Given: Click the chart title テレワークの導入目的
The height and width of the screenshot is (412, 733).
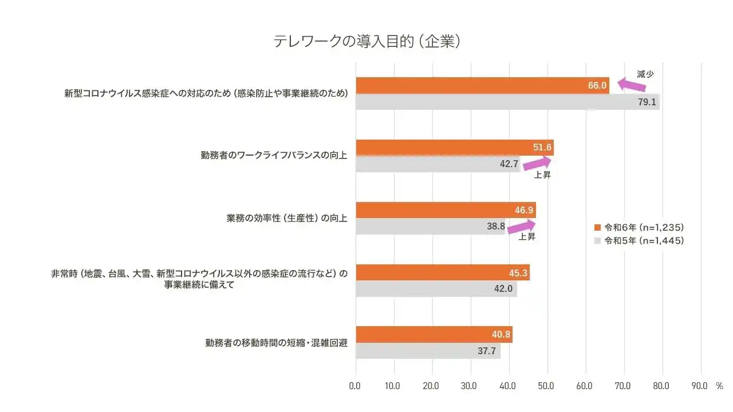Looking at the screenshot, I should coord(366,42).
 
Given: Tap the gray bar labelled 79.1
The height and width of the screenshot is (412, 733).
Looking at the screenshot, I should coord(507,102).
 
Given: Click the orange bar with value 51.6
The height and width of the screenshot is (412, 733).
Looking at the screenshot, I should coord(455,148).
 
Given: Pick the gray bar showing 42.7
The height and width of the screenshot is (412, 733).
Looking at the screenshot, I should coord(438,164).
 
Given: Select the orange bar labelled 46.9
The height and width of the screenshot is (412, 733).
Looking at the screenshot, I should coord(446,210).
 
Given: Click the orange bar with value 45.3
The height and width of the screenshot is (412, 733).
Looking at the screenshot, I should coord(443,272).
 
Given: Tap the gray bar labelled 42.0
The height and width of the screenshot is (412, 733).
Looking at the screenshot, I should coord(436,289).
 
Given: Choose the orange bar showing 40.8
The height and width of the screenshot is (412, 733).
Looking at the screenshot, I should coord(434,334).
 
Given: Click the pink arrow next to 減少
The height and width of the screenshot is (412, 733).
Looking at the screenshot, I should coord(628,85).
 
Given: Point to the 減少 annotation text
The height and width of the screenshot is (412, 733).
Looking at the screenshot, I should coord(645,74).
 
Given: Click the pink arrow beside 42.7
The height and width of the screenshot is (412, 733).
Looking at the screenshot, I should coord(537,164).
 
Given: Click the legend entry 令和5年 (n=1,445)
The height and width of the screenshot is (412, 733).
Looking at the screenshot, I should coord(640,241).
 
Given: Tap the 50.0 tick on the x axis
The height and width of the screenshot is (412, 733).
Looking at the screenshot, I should coord(546,386).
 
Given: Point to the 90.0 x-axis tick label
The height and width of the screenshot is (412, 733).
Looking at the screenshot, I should coord(700,386).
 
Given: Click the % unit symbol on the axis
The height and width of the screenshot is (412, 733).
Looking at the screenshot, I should coord(719,386).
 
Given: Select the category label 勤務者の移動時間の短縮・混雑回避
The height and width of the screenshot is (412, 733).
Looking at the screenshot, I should coord(277,343).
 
